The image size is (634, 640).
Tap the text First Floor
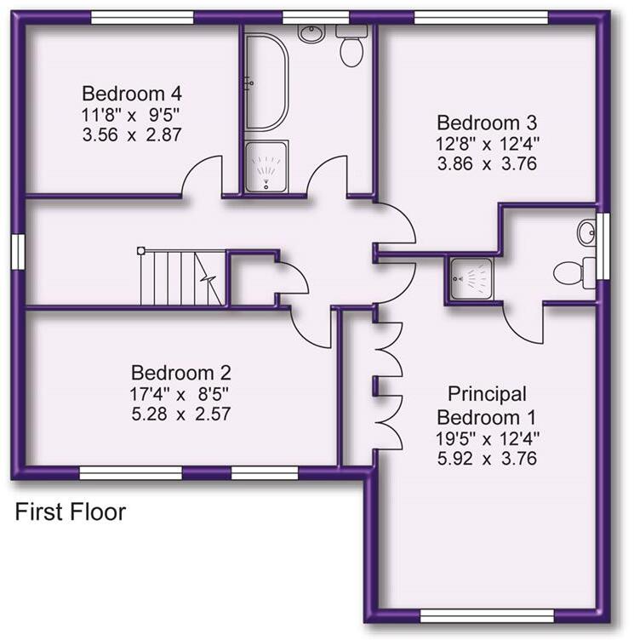(71, 512)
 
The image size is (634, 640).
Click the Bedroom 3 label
(487, 122)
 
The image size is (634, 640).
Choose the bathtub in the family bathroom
(266, 82)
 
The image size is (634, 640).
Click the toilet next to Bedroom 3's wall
(351, 49)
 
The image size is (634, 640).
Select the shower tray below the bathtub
(266, 167)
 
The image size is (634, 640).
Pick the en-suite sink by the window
(586, 231)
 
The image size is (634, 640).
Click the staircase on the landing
(183, 277)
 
